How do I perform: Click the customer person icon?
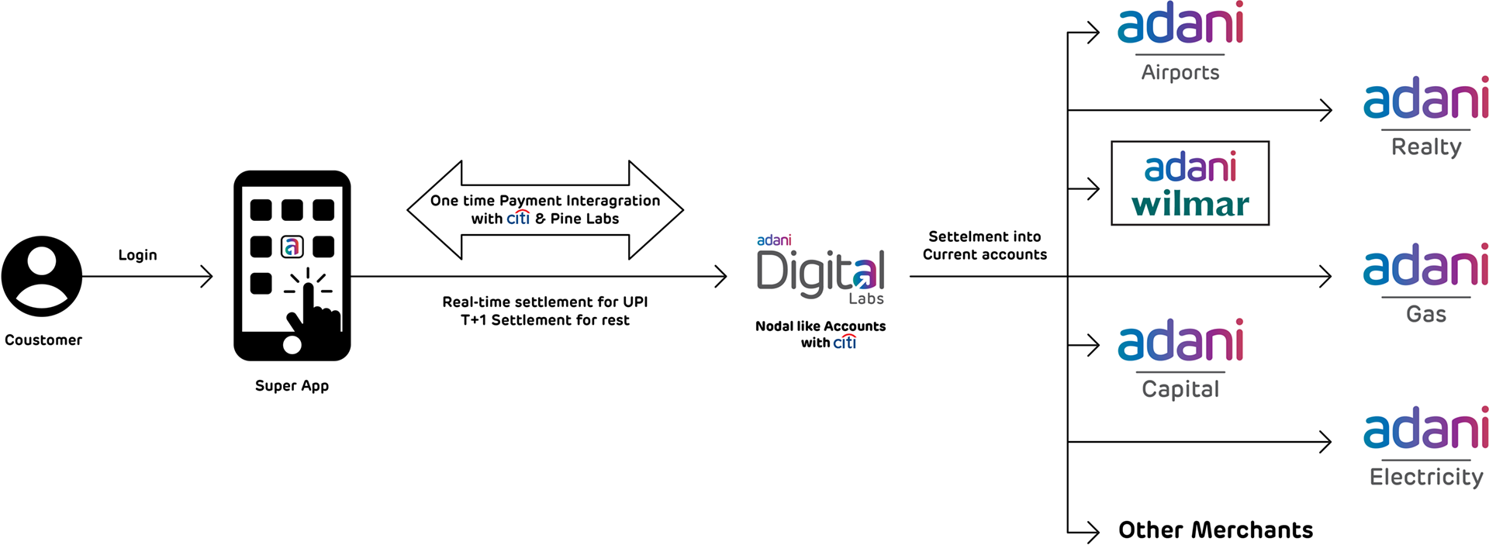42,276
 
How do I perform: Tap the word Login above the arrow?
137,255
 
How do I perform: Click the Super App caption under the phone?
292,386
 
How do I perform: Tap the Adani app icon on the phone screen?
292,247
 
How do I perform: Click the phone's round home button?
292,344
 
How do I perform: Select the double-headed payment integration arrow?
545,209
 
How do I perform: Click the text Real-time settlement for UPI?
544,302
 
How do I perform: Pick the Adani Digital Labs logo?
821,271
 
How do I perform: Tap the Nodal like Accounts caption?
821,326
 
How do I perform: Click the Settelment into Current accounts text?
985,246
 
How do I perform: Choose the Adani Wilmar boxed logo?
1190,184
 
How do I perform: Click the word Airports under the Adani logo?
1180,73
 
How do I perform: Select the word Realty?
1426,147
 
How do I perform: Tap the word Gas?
1426,315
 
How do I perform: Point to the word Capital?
1180,389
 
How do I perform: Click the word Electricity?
1426,477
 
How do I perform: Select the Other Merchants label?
1215,530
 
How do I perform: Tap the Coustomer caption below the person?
43,340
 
